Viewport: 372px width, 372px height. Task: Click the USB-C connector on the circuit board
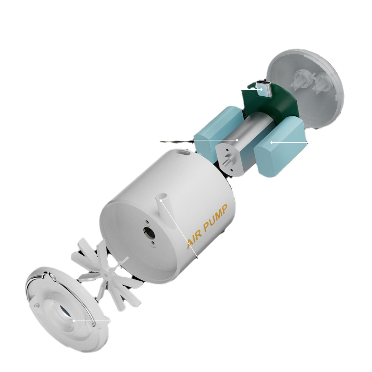coord(263,89)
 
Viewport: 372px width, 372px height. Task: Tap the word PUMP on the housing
coord(215,218)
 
